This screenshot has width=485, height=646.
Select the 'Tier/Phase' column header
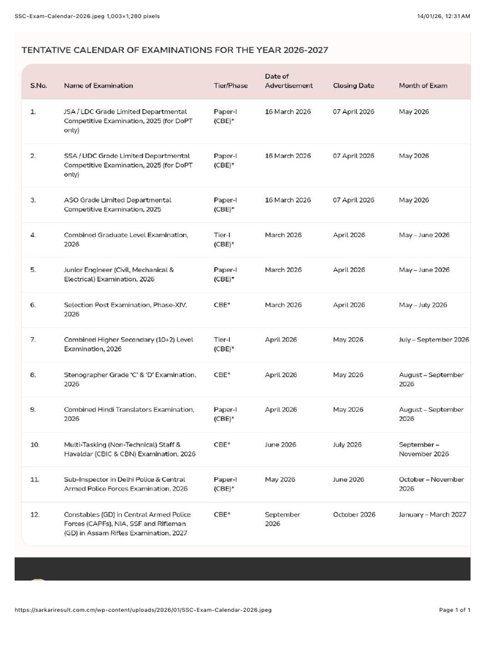coord(231,86)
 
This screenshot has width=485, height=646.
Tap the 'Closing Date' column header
coord(353,86)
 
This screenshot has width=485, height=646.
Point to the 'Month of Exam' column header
coord(422,86)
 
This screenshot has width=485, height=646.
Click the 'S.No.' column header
coord(39,86)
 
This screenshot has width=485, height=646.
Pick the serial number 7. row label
coord(33,340)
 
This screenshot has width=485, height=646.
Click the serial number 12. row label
coord(35,515)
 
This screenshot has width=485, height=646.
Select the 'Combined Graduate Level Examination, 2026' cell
coord(126,239)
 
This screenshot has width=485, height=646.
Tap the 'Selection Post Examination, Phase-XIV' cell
coord(125,309)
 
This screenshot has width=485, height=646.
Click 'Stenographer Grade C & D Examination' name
coord(129,379)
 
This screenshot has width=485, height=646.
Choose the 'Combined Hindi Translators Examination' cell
coord(128,414)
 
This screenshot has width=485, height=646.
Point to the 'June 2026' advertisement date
coord(280,445)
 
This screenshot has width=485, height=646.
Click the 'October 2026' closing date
coord(354,515)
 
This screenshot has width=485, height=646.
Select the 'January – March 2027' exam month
coord(432,515)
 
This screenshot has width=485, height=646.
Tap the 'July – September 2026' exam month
coord(433,340)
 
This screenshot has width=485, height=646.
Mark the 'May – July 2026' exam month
coord(422,305)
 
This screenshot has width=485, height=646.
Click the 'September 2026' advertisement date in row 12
coord(282,519)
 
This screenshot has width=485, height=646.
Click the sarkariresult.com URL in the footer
coord(143,610)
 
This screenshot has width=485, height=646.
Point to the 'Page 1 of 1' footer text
coord(455,610)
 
